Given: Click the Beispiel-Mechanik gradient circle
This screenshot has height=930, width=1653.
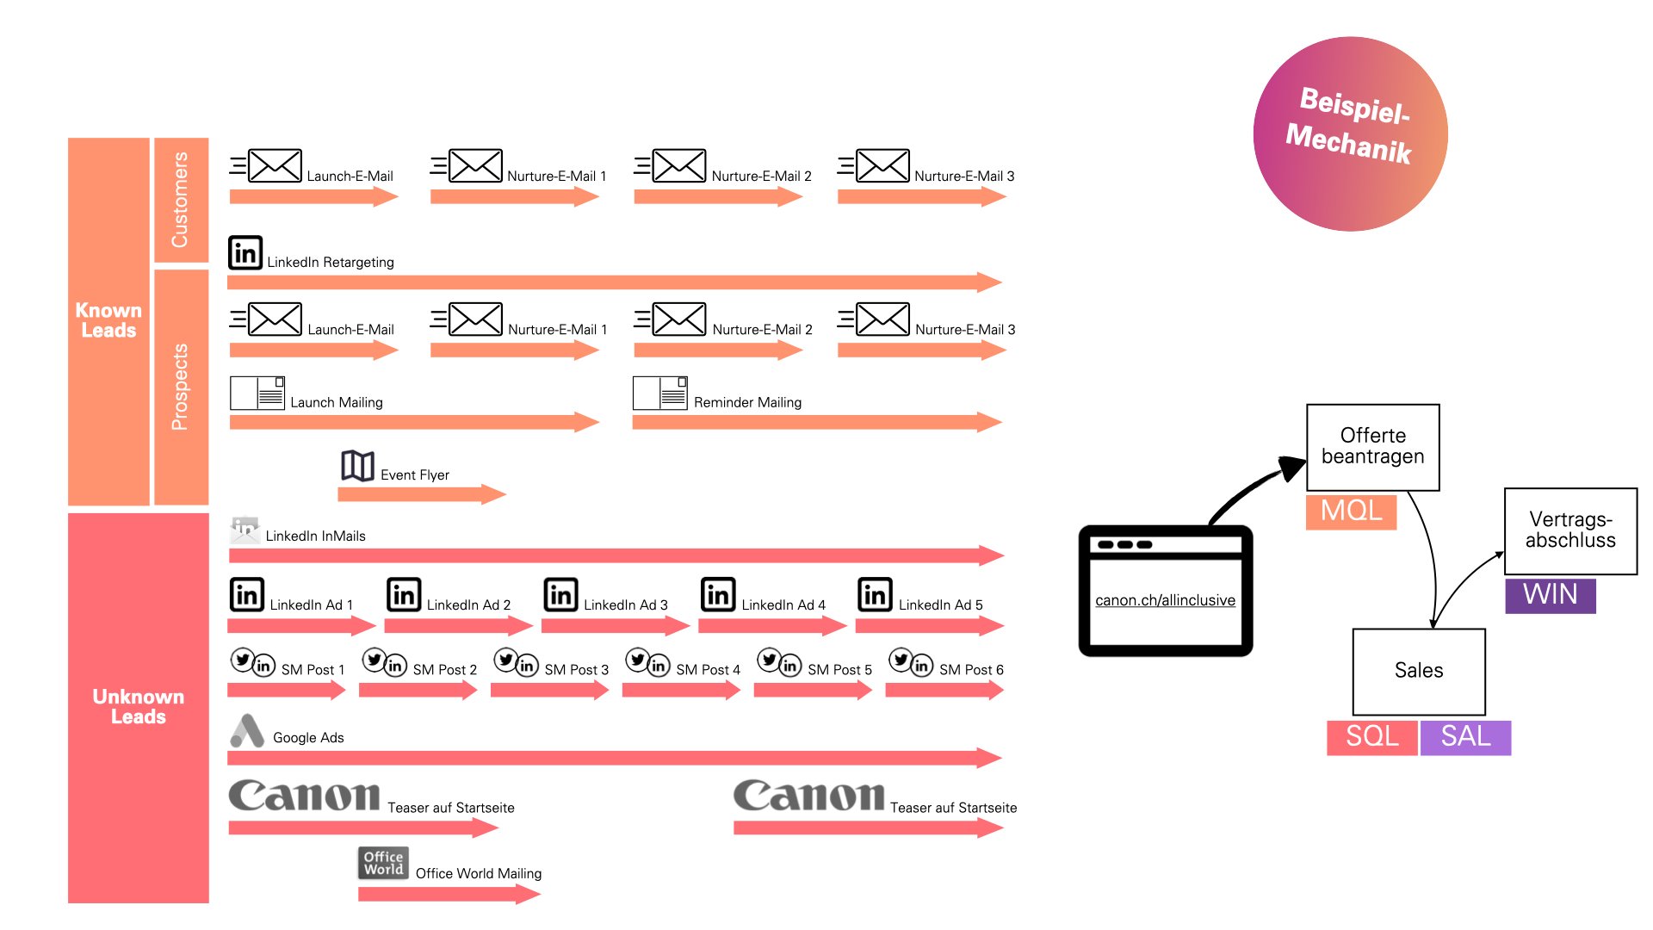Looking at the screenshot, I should (1350, 133).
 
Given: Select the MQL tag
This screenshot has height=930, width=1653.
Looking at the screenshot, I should (1351, 511).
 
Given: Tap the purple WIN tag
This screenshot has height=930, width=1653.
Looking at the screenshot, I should (1550, 595).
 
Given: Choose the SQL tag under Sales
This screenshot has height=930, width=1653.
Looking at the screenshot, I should (1371, 737).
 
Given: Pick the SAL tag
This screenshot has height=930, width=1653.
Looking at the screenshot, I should (1465, 737).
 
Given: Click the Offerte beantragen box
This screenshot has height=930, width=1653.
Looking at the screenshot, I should (1372, 447).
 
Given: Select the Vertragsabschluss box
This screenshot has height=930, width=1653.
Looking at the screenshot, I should (1570, 530).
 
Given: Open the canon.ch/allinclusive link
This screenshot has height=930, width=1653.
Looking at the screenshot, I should (1165, 600).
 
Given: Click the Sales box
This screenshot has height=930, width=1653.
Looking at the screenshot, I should (1419, 671).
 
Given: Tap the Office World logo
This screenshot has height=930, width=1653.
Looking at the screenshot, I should (383, 863).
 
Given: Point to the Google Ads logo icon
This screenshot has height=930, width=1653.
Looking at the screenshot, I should (247, 731).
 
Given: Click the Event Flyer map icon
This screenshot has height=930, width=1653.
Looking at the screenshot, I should (357, 466).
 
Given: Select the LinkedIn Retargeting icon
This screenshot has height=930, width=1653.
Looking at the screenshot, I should (245, 253).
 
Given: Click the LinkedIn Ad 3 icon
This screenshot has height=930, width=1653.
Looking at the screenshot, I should (560, 595).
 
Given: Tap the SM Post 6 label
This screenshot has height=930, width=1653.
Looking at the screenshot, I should (971, 670).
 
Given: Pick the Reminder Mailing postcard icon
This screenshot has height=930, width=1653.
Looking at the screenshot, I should (659, 394).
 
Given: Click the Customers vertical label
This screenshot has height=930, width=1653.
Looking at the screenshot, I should (180, 200).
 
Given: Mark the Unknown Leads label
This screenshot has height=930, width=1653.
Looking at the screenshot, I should (138, 706).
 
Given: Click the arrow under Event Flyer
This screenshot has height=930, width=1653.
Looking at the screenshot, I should (421, 494).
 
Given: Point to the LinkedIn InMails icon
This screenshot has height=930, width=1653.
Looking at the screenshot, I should (245, 530).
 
